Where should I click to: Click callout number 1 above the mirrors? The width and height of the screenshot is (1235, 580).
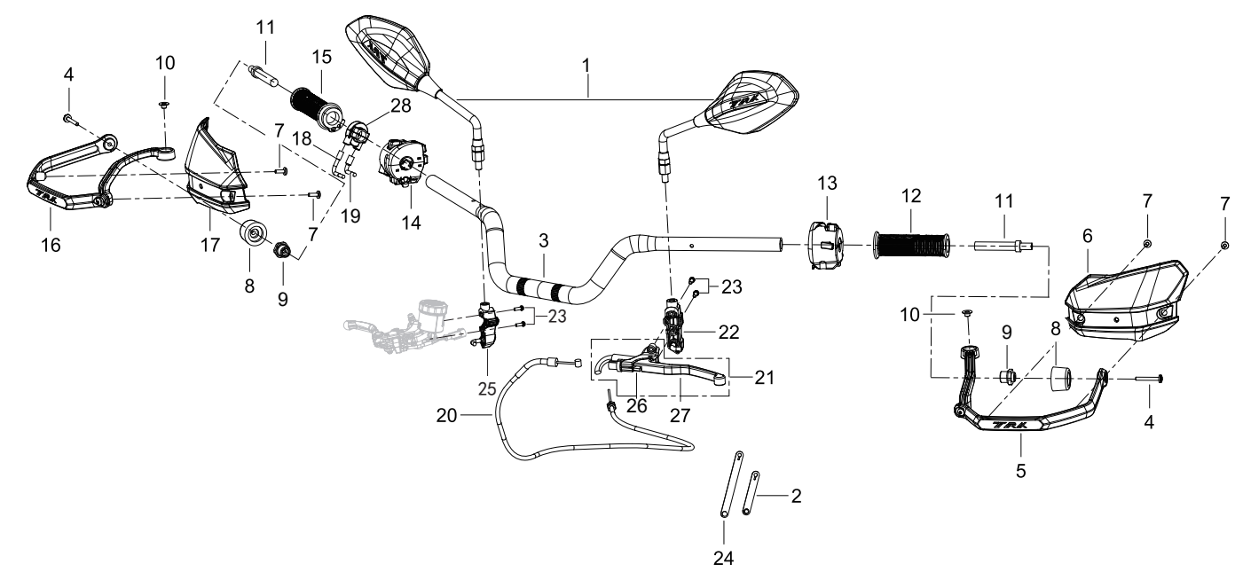point(587,67)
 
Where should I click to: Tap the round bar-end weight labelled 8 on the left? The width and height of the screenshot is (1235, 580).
point(254,233)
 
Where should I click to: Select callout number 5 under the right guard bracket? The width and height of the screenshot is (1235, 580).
point(1021,471)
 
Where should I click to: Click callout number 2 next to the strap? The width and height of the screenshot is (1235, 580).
point(796,497)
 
